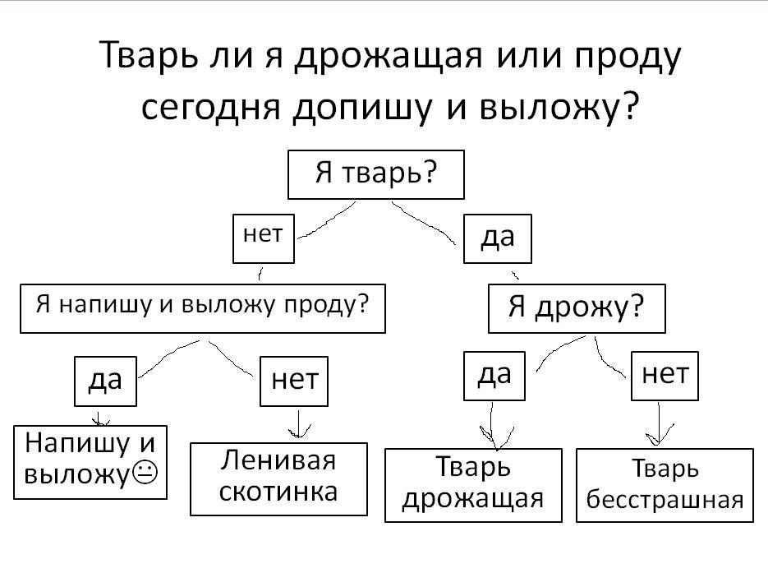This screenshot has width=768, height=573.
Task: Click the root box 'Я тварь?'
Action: pyautogui.click(x=375, y=174)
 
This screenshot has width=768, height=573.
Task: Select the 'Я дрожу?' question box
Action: pyautogui.click(x=577, y=308)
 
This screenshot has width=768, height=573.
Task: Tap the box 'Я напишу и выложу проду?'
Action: pyautogui.click(x=202, y=308)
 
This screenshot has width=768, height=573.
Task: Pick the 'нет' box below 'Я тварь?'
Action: pyautogui.click(x=263, y=238)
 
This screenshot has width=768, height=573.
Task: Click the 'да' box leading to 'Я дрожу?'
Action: pyautogui.click(x=497, y=238)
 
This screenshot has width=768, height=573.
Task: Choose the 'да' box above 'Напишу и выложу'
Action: pyautogui.click(x=104, y=381)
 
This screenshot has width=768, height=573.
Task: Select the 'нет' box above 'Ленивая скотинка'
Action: pyautogui.click(x=293, y=381)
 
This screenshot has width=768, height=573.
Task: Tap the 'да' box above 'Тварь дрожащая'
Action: pyautogui.click(x=494, y=376)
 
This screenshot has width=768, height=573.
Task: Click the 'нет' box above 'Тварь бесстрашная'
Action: pyautogui.click(x=665, y=375)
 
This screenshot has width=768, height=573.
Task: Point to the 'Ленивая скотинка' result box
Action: pyautogui.click(x=278, y=479)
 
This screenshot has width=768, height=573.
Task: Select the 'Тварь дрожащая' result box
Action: pyautogui.click(x=473, y=485)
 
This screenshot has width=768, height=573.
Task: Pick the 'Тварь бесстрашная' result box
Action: pyautogui.click(x=665, y=485)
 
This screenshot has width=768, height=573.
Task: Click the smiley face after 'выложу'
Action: pyautogui.click(x=145, y=474)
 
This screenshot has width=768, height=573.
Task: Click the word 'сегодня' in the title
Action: pyautogui.click(x=212, y=107)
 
